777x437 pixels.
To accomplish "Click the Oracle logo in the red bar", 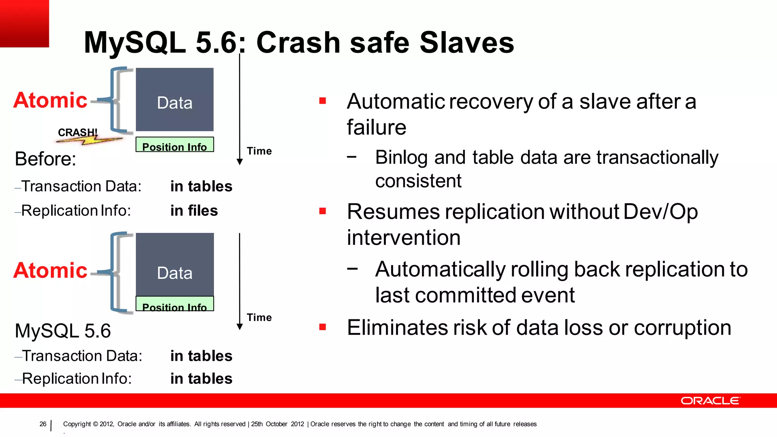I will [x=710, y=401].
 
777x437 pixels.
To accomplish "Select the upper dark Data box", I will [x=175, y=100].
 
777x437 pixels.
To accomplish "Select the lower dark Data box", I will [x=175, y=265].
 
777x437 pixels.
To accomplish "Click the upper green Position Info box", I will [x=175, y=145].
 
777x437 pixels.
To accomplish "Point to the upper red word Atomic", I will [x=50, y=100].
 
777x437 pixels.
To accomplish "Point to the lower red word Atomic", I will [x=50, y=270].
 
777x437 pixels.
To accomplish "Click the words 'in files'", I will [x=194, y=211].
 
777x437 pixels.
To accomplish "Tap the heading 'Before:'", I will [x=46, y=159].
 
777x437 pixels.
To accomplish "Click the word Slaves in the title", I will [x=467, y=42].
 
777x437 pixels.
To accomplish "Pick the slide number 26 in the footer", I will [x=43, y=424].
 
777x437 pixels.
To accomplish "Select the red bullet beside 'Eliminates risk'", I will [x=323, y=327].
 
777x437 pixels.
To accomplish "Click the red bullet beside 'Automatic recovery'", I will [x=323, y=101].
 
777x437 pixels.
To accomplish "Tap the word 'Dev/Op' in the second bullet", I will [x=660, y=212].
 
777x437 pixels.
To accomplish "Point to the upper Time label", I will [x=259, y=151].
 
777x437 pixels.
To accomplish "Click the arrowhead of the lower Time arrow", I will [x=239, y=327].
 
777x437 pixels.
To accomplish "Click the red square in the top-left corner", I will [x=24, y=24].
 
